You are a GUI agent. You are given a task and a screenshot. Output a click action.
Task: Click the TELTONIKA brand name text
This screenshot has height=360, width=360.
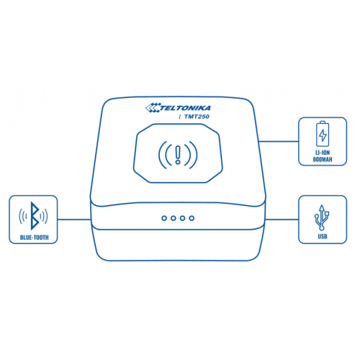185,108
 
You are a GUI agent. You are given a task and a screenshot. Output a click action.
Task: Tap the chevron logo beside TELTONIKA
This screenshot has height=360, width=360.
153,107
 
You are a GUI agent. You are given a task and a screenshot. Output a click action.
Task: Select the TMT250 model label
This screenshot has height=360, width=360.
197,117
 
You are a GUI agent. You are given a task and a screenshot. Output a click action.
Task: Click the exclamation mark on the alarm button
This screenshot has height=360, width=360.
178,155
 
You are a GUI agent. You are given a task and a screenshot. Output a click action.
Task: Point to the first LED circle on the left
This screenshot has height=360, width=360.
164,218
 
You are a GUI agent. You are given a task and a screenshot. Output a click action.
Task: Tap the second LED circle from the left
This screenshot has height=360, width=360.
174,218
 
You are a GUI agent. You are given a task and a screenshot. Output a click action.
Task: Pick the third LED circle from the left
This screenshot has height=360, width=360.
182,218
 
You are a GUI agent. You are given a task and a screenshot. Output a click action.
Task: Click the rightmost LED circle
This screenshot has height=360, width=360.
192,218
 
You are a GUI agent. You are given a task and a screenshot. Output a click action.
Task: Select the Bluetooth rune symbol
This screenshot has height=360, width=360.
35,216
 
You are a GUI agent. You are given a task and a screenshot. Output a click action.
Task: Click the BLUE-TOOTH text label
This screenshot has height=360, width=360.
35,238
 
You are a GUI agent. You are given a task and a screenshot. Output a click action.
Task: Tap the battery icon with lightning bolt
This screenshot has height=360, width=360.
323,134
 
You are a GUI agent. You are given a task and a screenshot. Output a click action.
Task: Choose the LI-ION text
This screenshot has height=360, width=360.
323,153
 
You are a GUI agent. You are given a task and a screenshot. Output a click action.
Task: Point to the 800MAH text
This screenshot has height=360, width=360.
323,159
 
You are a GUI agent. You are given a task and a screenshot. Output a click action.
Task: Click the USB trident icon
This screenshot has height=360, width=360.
322,217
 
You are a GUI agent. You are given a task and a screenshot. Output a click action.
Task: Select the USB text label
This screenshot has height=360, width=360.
323,237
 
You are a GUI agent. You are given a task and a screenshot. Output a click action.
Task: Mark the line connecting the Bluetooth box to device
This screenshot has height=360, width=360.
74,220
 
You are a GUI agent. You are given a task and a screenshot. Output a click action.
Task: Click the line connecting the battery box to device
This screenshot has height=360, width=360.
279,141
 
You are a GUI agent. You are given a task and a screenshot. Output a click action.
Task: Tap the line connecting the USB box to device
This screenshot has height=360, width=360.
282,220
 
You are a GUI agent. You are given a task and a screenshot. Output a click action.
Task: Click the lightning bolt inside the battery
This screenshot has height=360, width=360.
323,135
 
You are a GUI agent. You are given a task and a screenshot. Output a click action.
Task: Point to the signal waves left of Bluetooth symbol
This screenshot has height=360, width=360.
23,216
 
